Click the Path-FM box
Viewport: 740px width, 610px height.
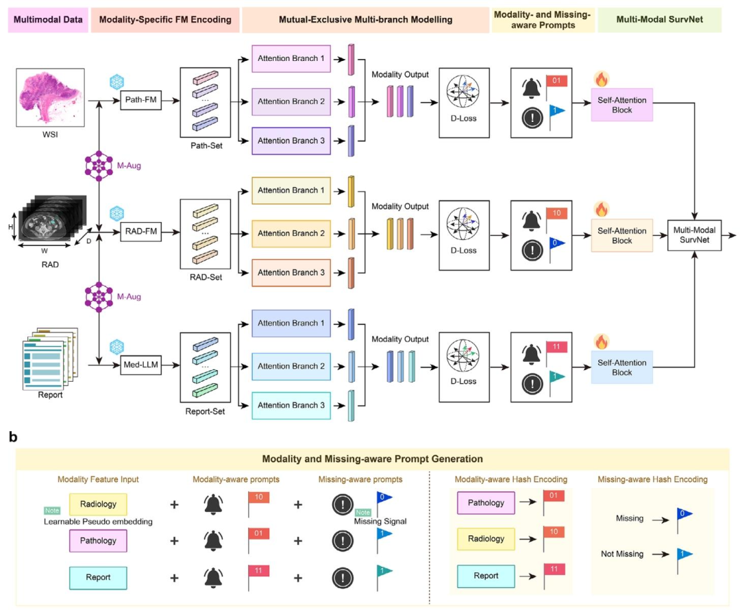[140, 100]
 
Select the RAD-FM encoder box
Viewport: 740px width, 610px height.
[140, 232]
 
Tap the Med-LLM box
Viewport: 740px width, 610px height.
[140, 365]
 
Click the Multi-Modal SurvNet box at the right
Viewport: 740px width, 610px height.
[694, 235]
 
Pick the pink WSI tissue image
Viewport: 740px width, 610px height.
[51, 97]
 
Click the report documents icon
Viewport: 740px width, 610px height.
[50, 359]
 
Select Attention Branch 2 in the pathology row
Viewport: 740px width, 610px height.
[291, 101]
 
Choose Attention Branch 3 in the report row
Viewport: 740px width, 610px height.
[291, 406]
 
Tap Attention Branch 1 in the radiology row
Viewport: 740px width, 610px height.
[291, 191]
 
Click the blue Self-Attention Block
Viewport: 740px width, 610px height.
[622, 367]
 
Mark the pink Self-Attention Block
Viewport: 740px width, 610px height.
[622, 105]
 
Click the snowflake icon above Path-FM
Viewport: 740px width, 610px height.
[116, 82]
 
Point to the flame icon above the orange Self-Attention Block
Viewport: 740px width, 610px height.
[602, 209]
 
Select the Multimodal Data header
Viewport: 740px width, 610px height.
[48, 20]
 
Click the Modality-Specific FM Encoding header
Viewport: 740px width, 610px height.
[165, 20]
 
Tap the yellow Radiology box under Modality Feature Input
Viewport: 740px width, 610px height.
[98, 504]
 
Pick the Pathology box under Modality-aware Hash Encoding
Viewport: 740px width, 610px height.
[486, 503]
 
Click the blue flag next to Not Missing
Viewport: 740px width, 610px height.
[683, 559]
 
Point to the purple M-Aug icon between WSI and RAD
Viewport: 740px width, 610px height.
[99, 166]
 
